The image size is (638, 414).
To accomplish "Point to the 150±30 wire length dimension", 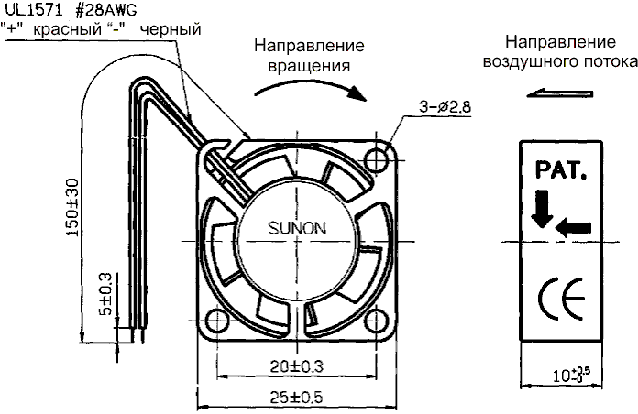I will point(71,207).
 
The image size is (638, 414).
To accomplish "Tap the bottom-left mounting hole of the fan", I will point(218,321).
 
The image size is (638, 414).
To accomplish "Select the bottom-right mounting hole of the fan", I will point(377,320).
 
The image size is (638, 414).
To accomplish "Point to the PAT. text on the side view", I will point(560,170).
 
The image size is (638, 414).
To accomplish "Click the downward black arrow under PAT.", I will point(541,209).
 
